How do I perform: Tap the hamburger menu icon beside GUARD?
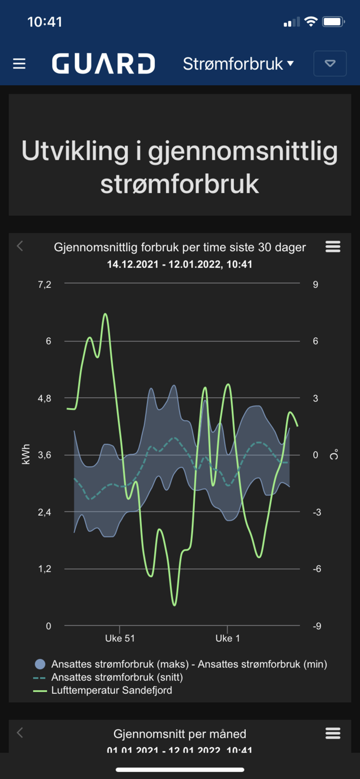[19, 64]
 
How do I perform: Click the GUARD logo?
[103, 64]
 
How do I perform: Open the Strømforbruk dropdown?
[238, 64]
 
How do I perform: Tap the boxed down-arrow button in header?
[330, 64]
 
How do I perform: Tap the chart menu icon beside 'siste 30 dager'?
[333, 247]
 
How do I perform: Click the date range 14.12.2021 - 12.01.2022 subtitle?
[180, 264]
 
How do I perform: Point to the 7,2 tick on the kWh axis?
[45, 285]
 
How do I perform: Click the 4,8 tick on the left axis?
[45, 398]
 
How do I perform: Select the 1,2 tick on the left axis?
[45, 569]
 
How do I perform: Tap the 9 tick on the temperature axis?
[315, 285]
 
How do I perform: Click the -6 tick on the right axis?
[315, 569]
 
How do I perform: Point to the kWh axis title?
[26, 454]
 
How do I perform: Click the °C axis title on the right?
[335, 455]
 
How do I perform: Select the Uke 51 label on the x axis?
[120, 638]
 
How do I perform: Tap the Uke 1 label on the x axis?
[228, 638]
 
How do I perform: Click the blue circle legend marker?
[40, 664]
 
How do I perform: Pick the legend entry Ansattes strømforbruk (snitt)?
[117, 677]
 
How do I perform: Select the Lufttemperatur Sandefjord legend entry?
[112, 691]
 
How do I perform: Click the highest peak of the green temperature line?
[105, 314]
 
